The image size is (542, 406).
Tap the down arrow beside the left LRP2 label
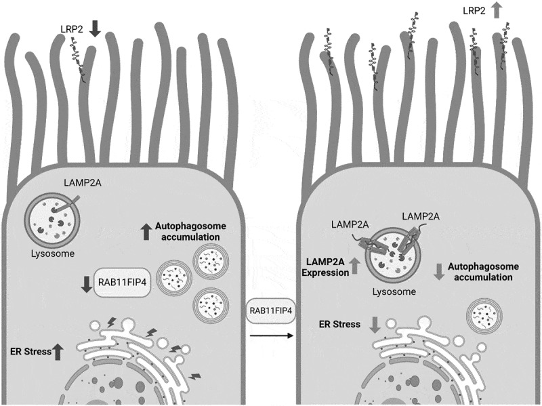[94, 28]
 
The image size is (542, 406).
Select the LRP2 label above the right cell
[472, 11]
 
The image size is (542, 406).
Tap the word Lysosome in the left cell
[51, 255]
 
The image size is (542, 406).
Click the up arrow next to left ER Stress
[58, 350]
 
